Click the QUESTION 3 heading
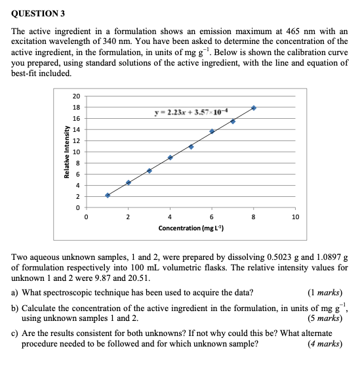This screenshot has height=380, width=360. click(39, 14)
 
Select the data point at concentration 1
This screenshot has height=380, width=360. click(108, 195)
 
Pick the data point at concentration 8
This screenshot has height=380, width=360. click(254, 108)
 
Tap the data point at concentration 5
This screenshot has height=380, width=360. click(191, 146)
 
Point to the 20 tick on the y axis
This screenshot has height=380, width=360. click(77, 95)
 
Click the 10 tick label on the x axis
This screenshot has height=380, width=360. click(295, 217)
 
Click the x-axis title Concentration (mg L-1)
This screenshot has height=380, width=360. click(191, 228)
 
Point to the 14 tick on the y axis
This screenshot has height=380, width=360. click(77, 129)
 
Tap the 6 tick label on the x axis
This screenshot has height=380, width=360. click(212, 217)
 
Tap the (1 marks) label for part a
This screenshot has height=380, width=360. click(325, 293)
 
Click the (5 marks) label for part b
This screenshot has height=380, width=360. click(325, 318)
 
